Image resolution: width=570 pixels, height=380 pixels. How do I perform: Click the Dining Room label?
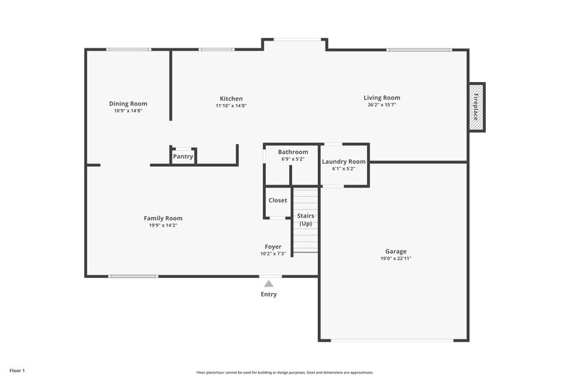tap(128, 103)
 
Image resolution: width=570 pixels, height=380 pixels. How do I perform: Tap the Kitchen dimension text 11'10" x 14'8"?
tap(231, 106)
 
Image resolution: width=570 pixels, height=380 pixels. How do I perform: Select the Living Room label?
tap(382, 98)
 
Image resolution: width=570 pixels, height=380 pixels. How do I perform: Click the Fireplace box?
tap(476, 107)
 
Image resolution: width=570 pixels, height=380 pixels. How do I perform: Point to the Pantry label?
tap(183, 156)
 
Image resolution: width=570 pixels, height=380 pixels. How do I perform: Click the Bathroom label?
tap(293, 152)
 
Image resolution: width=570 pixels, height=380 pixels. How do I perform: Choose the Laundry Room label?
tap(343, 162)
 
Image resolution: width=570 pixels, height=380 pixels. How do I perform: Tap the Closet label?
tap(278, 200)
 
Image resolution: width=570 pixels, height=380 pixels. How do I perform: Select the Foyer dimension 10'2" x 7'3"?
tap(273, 254)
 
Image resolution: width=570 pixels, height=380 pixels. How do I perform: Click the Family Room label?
tap(163, 218)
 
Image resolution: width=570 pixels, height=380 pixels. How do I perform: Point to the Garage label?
tap(396, 251)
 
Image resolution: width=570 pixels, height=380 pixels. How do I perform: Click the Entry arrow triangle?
tap(269, 284)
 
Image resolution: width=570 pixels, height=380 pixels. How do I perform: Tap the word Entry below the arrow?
tap(269, 294)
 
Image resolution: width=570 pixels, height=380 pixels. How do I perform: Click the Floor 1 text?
tap(17, 371)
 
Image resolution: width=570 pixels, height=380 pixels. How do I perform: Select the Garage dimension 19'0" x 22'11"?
tap(396, 258)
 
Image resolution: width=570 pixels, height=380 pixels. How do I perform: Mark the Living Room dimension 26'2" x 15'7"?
tap(382, 105)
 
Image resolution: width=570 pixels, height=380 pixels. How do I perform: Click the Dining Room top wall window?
tap(128, 49)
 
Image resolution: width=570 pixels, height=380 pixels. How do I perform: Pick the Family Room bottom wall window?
tap(133, 276)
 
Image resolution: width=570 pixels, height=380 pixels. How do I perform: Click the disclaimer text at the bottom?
tap(285, 372)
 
